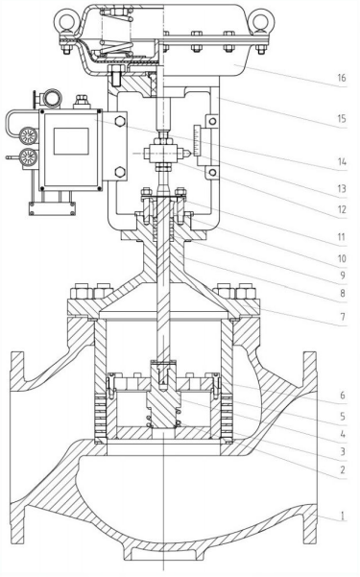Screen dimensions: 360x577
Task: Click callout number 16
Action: point(342,78)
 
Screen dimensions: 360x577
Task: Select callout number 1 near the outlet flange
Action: point(343,516)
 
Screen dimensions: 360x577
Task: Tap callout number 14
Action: point(342,162)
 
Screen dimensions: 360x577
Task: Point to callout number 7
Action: point(343,317)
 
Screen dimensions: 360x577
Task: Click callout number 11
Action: point(342,237)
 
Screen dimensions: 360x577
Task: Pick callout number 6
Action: point(343,396)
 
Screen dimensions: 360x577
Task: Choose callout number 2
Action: point(343,469)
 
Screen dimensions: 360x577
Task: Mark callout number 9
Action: point(343,276)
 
